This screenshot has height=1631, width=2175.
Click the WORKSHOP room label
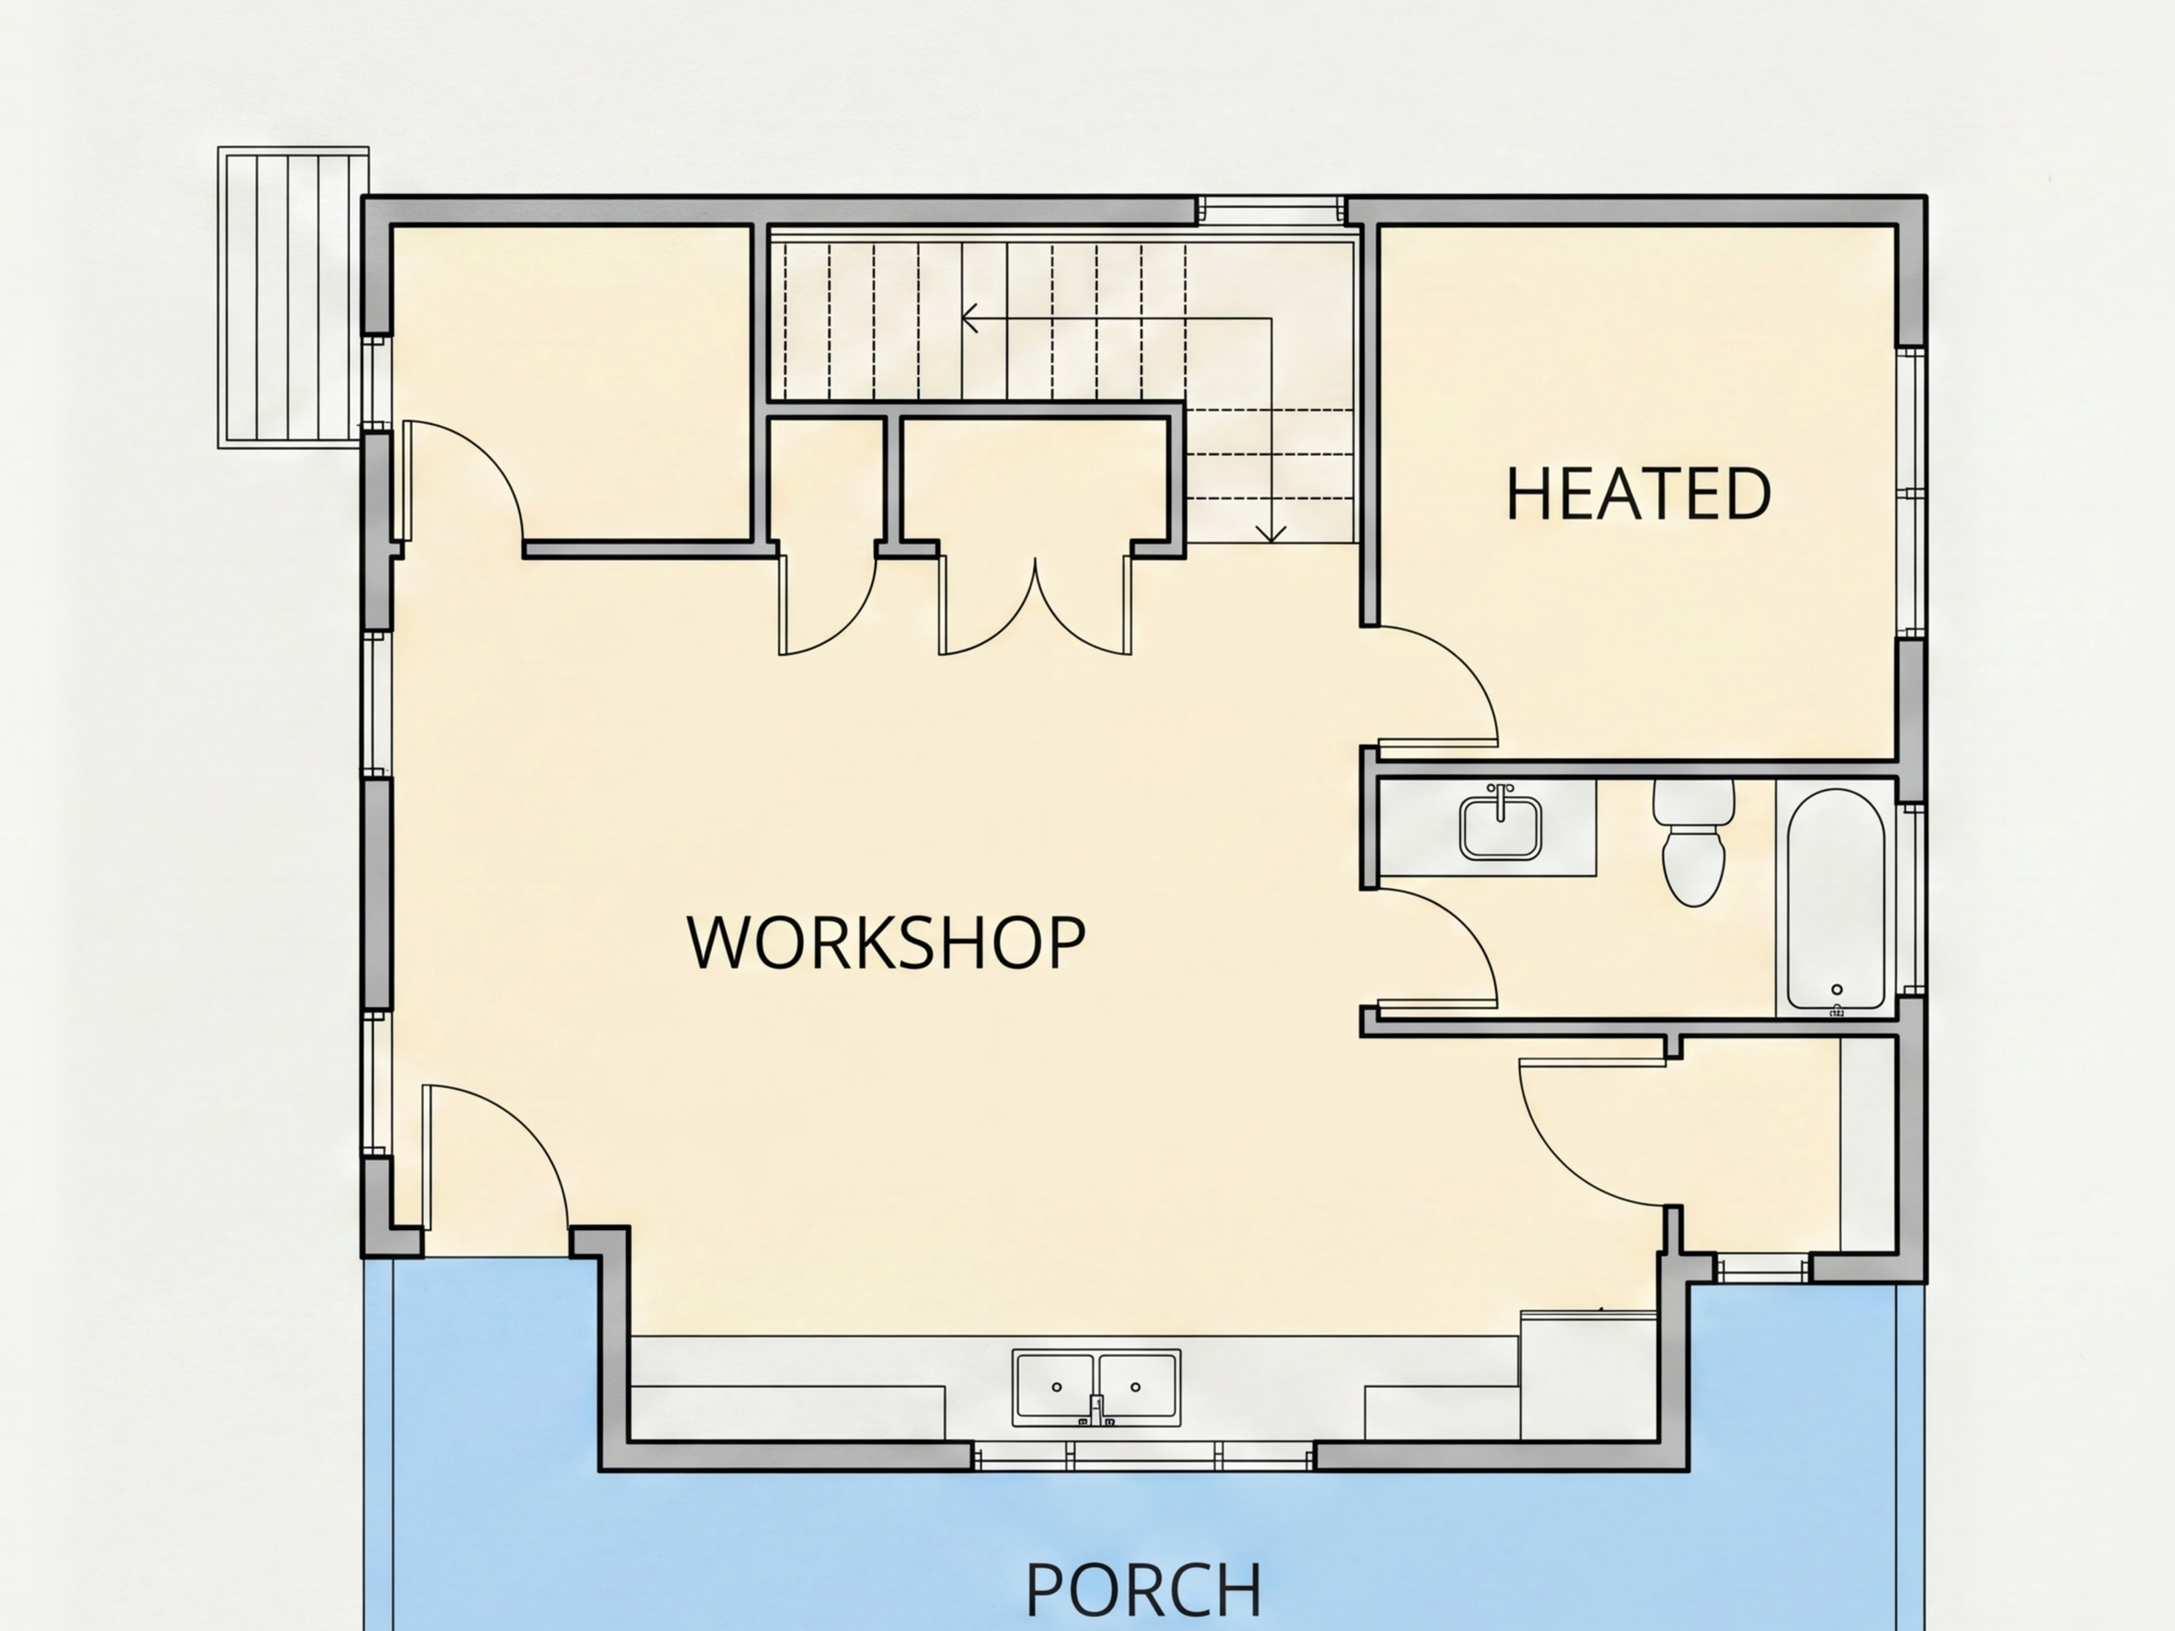pyautogui.click(x=886, y=943)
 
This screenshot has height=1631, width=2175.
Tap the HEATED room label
pyautogui.click(x=1639, y=494)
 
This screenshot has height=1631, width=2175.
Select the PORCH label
pyautogui.click(x=1144, y=1589)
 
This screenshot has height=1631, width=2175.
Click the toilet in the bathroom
pyautogui.click(x=1693, y=843)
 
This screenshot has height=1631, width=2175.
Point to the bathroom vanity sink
pyautogui.click(x=1500, y=827)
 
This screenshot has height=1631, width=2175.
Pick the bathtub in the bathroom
pyautogui.click(x=1836, y=899)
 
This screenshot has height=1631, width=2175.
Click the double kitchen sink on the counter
pyautogui.click(x=1096, y=1387)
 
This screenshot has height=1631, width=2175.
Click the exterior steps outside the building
pyautogui.click(x=293, y=298)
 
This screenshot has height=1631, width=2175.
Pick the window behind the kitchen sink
pyautogui.click(x=1144, y=1456)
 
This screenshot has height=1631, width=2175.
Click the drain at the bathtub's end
pyautogui.click(x=1837, y=990)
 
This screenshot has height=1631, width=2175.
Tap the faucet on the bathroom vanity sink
pyautogui.click(x=1500, y=799)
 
